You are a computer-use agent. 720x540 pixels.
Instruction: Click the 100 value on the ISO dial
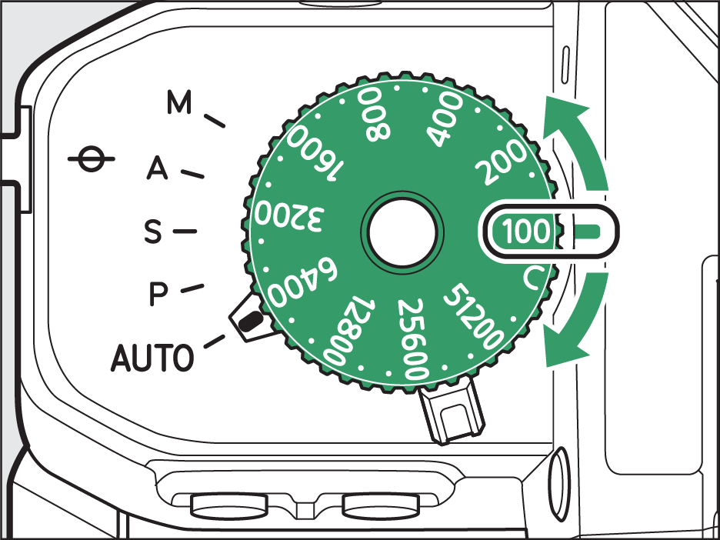coord(525,231)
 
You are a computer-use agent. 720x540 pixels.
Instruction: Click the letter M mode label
coord(178,103)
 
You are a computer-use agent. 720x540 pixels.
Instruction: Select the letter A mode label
coord(157,168)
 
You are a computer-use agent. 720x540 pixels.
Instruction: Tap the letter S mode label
coord(154,231)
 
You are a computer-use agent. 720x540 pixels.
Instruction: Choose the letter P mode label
coord(158,293)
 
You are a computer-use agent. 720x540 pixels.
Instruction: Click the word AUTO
coord(152,358)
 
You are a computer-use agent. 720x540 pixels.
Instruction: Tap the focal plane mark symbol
coord(91,162)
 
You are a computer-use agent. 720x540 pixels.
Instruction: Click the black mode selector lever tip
coord(248,320)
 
